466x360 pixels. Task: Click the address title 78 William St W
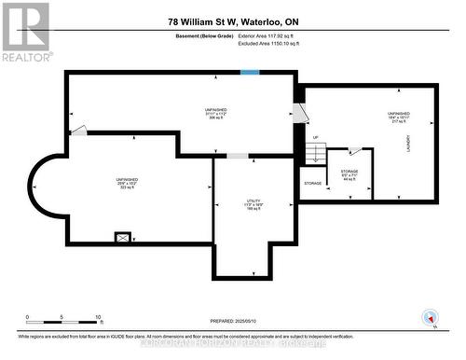(233, 21)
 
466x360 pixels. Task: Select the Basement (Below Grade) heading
(205, 37)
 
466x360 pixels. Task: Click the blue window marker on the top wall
(250, 73)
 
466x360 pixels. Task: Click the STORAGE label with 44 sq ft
(349, 175)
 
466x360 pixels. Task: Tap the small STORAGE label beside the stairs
(313, 184)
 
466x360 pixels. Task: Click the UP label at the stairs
(315, 138)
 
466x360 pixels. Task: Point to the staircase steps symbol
(313, 156)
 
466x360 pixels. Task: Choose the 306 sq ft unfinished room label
(214, 115)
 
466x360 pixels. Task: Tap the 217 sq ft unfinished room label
(398, 118)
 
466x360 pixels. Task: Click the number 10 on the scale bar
(99, 317)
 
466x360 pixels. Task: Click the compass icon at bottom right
(430, 317)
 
